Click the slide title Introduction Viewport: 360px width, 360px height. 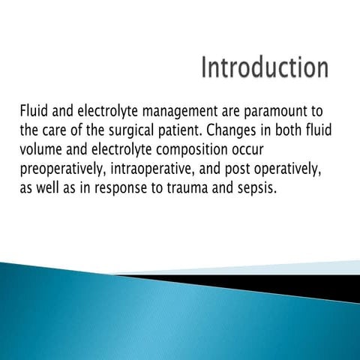(x=264, y=67)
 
